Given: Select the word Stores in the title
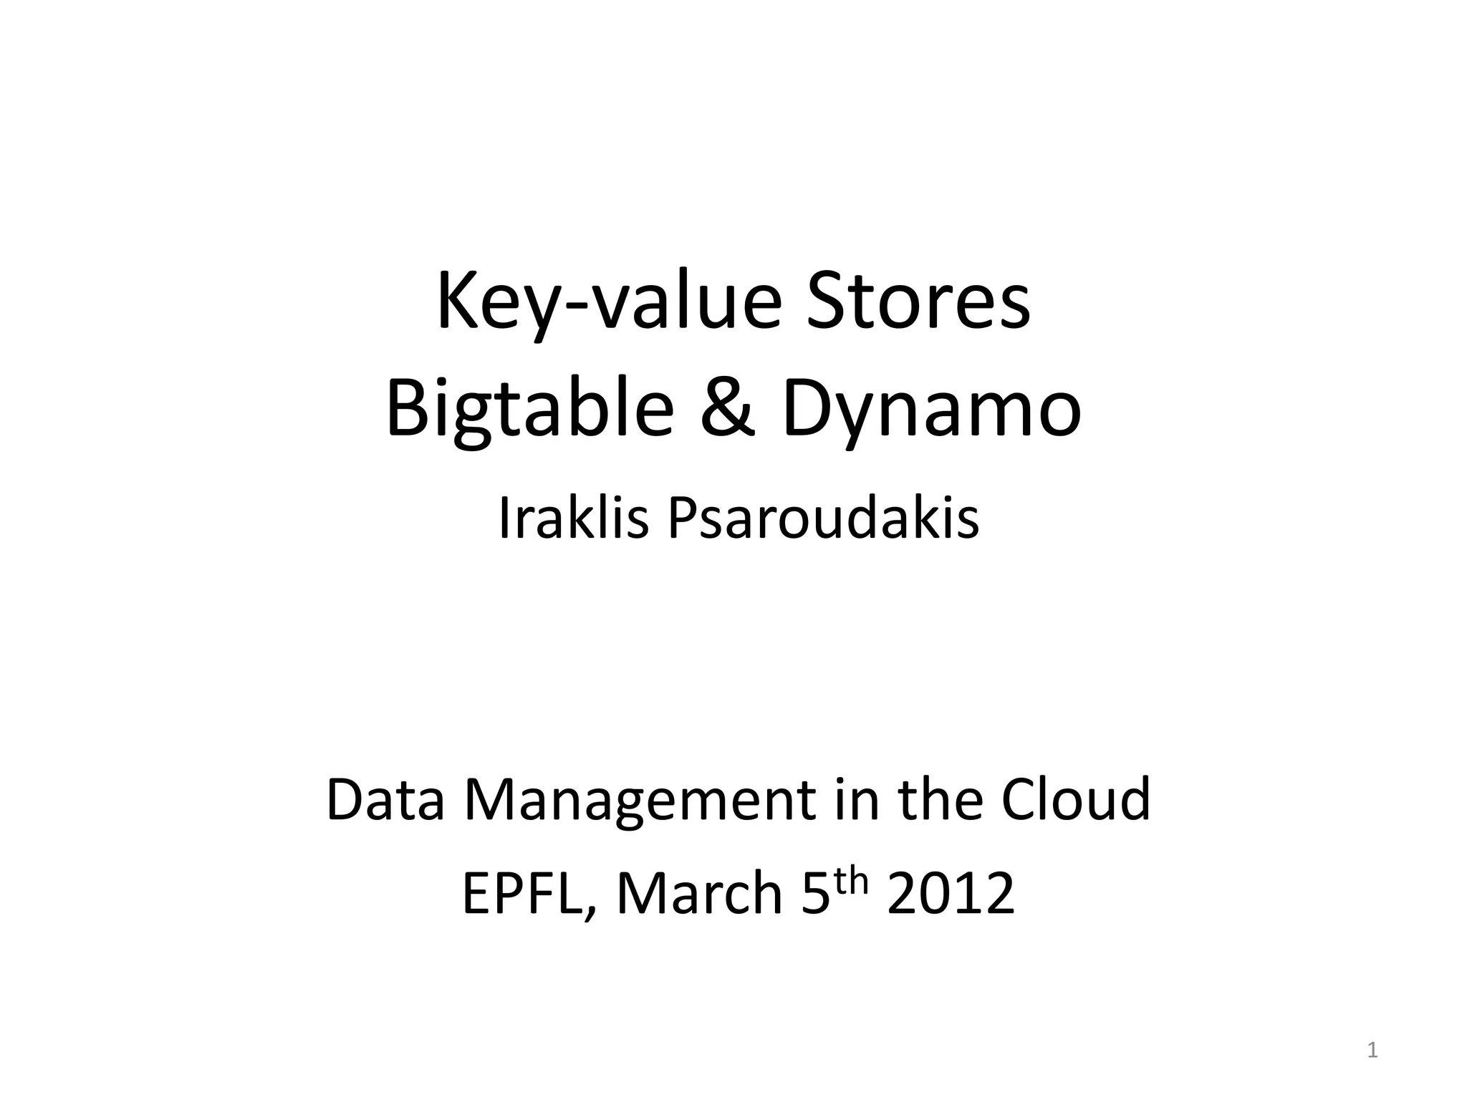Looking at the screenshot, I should click(918, 301).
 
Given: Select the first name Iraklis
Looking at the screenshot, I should click(573, 518).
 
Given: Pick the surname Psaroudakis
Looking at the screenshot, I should click(823, 518).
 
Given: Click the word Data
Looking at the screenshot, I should click(385, 799).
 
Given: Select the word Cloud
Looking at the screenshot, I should click(1076, 799).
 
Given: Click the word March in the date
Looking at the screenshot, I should click(699, 894).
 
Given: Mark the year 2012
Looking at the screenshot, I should click(951, 894).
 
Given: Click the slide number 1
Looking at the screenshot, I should click(1372, 1051).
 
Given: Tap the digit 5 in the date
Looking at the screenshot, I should click(815, 894).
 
